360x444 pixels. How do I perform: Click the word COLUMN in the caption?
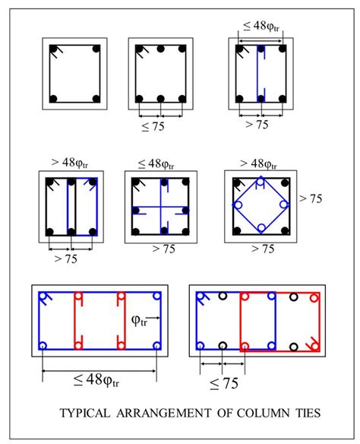pos(264,413)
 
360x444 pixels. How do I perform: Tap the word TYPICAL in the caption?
pos(84,413)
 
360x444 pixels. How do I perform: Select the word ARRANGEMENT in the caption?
pos(163,413)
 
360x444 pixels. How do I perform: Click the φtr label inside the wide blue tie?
pos(139,321)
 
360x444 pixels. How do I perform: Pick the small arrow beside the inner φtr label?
pos(154,318)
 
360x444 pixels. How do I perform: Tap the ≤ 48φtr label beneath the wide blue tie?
pos(96,380)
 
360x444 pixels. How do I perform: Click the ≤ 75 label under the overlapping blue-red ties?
pos(224,384)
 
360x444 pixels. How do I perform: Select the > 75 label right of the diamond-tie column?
pos(311,198)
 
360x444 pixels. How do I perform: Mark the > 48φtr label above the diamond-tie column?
pos(258,163)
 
